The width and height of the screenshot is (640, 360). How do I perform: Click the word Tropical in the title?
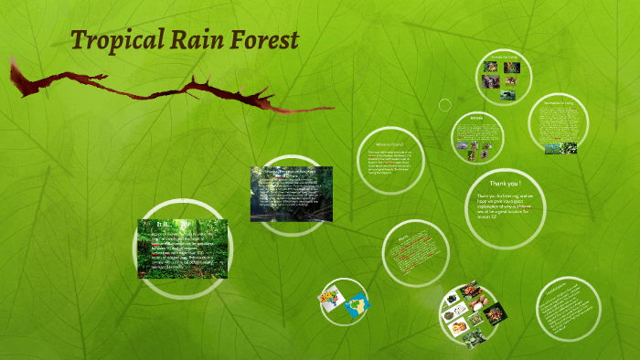115,41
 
